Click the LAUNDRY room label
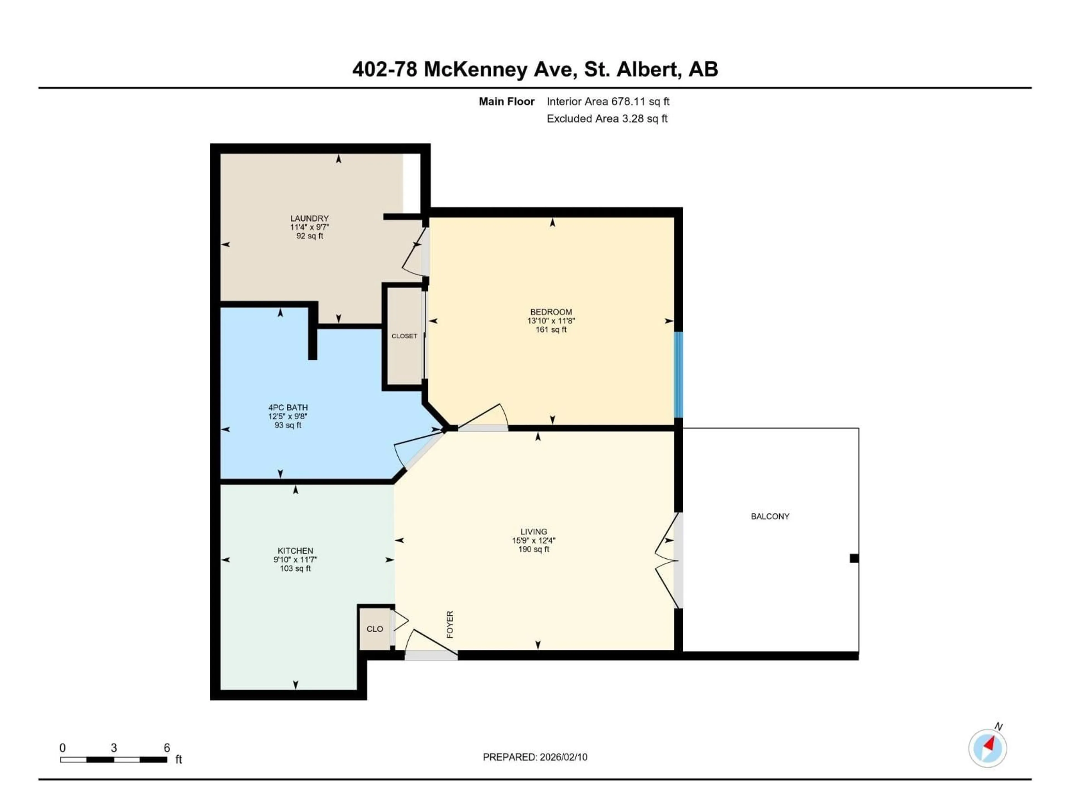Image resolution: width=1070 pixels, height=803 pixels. tap(309, 218)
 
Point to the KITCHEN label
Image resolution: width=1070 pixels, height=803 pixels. tap(295, 551)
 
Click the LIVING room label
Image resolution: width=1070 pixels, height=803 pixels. tap(534, 531)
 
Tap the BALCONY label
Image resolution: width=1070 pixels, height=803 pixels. tap(770, 516)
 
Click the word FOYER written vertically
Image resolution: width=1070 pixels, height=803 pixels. tap(450, 624)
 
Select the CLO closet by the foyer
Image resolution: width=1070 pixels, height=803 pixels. tap(374, 629)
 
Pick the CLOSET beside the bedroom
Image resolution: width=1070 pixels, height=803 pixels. tap(404, 336)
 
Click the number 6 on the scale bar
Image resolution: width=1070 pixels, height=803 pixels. tap(167, 748)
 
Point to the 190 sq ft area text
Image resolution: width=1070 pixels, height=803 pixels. tap(534, 549)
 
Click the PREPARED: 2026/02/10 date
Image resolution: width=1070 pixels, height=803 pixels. tap(535, 757)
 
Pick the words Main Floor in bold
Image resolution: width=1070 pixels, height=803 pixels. tap(507, 102)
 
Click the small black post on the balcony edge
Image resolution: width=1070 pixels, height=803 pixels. tap(854, 558)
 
